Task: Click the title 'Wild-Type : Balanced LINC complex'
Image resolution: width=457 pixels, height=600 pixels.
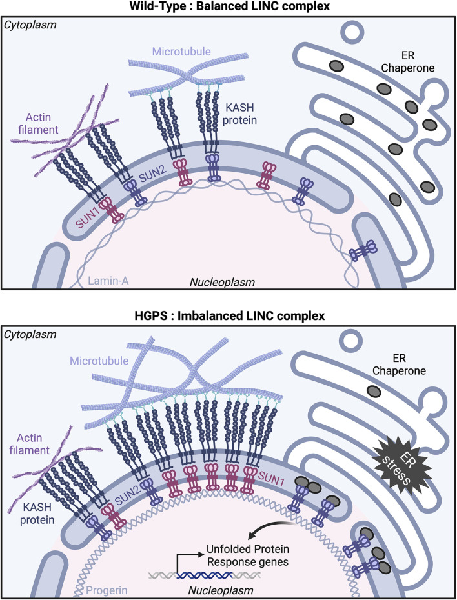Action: coord(228,7)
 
